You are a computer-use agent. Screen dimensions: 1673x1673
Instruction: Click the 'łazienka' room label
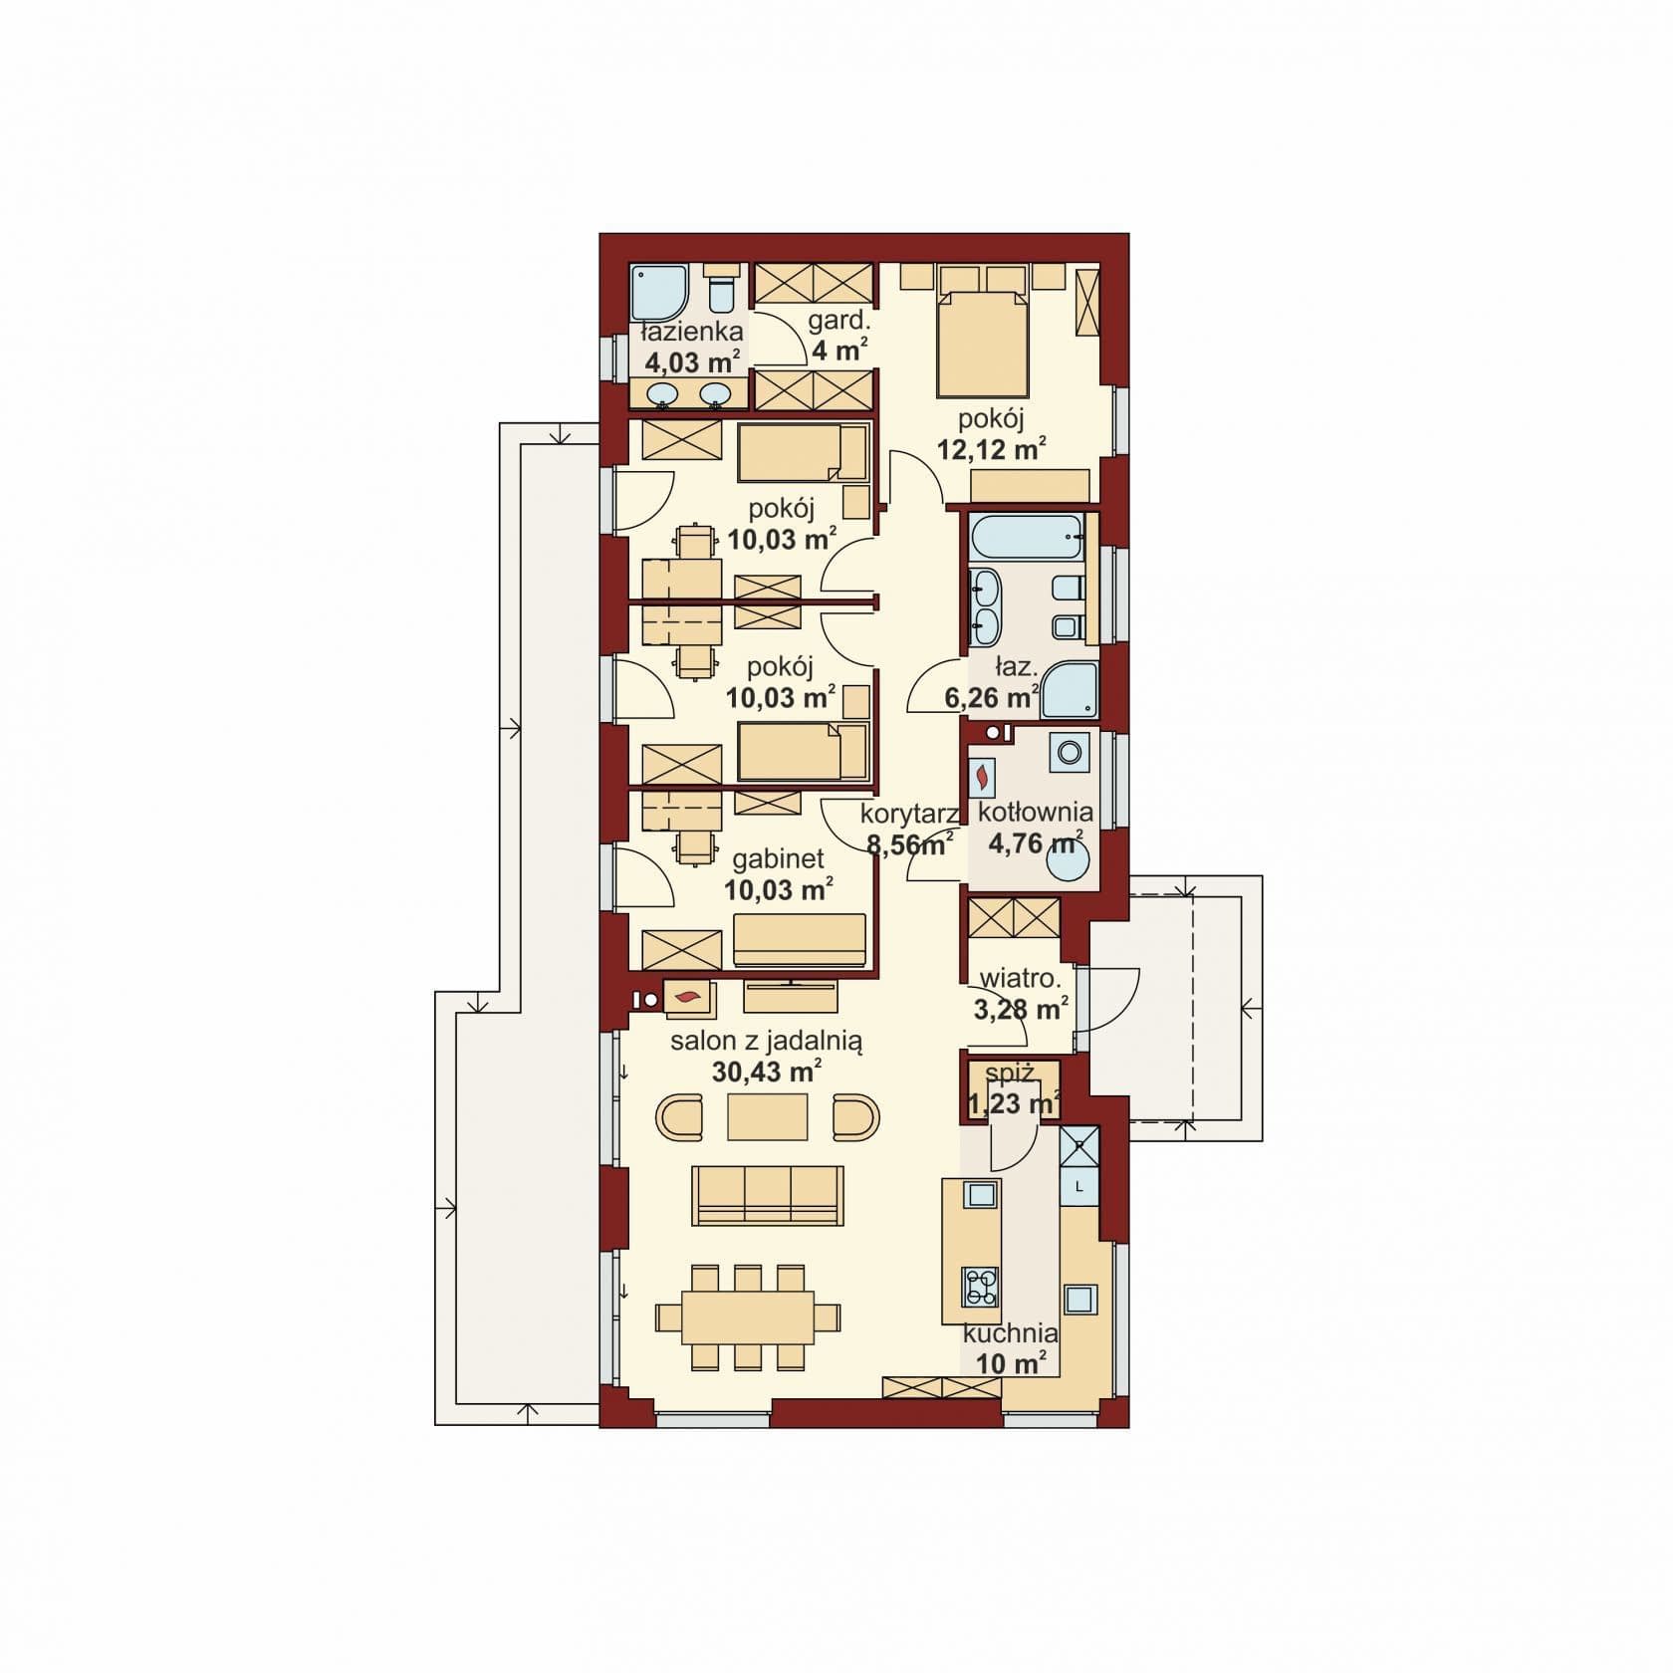coord(691,332)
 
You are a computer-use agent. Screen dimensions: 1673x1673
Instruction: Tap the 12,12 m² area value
coord(991,449)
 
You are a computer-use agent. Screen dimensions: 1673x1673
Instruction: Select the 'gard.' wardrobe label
coord(839,322)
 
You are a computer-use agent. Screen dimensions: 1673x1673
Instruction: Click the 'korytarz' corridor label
coord(909,815)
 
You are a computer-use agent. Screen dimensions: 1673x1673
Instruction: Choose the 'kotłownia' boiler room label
coord(1036,812)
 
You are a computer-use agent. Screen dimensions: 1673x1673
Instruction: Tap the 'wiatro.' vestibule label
coord(1014,979)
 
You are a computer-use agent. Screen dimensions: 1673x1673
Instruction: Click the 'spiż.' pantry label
coord(1010,1074)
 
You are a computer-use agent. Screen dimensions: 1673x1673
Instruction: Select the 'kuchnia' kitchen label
coord(1010,1332)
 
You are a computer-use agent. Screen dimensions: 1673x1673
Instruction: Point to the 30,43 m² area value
coord(767,1072)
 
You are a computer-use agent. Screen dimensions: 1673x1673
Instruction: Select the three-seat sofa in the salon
coord(768,1195)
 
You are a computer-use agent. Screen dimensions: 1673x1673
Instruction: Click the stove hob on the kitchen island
coord(981,1288)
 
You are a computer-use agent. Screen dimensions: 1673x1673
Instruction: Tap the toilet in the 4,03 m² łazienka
coord(722,289)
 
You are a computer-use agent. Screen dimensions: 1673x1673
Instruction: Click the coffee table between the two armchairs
coord(767,1116)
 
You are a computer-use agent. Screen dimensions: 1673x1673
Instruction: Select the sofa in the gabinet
coord(800,939)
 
